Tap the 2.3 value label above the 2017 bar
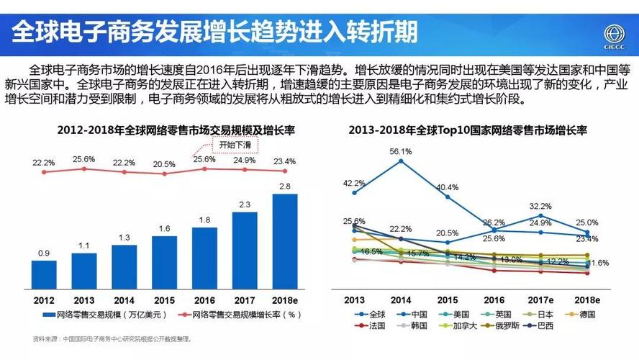[x=245, y=204]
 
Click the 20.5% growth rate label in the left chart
[x=164, y=164]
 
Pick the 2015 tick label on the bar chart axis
[x=164, y=300]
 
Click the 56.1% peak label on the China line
[x=401, y=152]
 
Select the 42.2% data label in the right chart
[x=354, y=183]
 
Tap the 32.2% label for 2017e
[x=540, y=206]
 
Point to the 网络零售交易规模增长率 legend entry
[x=240, y=315]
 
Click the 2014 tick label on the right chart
[x=401, y=300]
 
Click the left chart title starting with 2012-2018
[x=166, y=130]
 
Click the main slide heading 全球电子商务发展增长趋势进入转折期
[x=216, y=31]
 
